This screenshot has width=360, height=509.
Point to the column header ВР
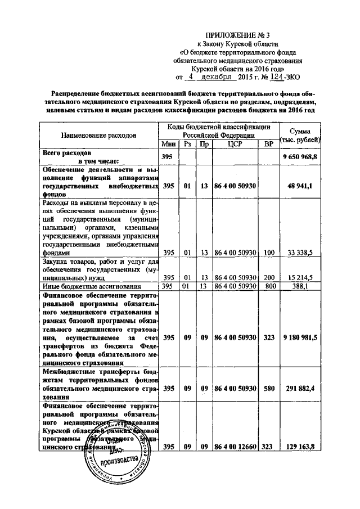click(269, 144)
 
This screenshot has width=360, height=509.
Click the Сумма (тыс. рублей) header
click(300, 135)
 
